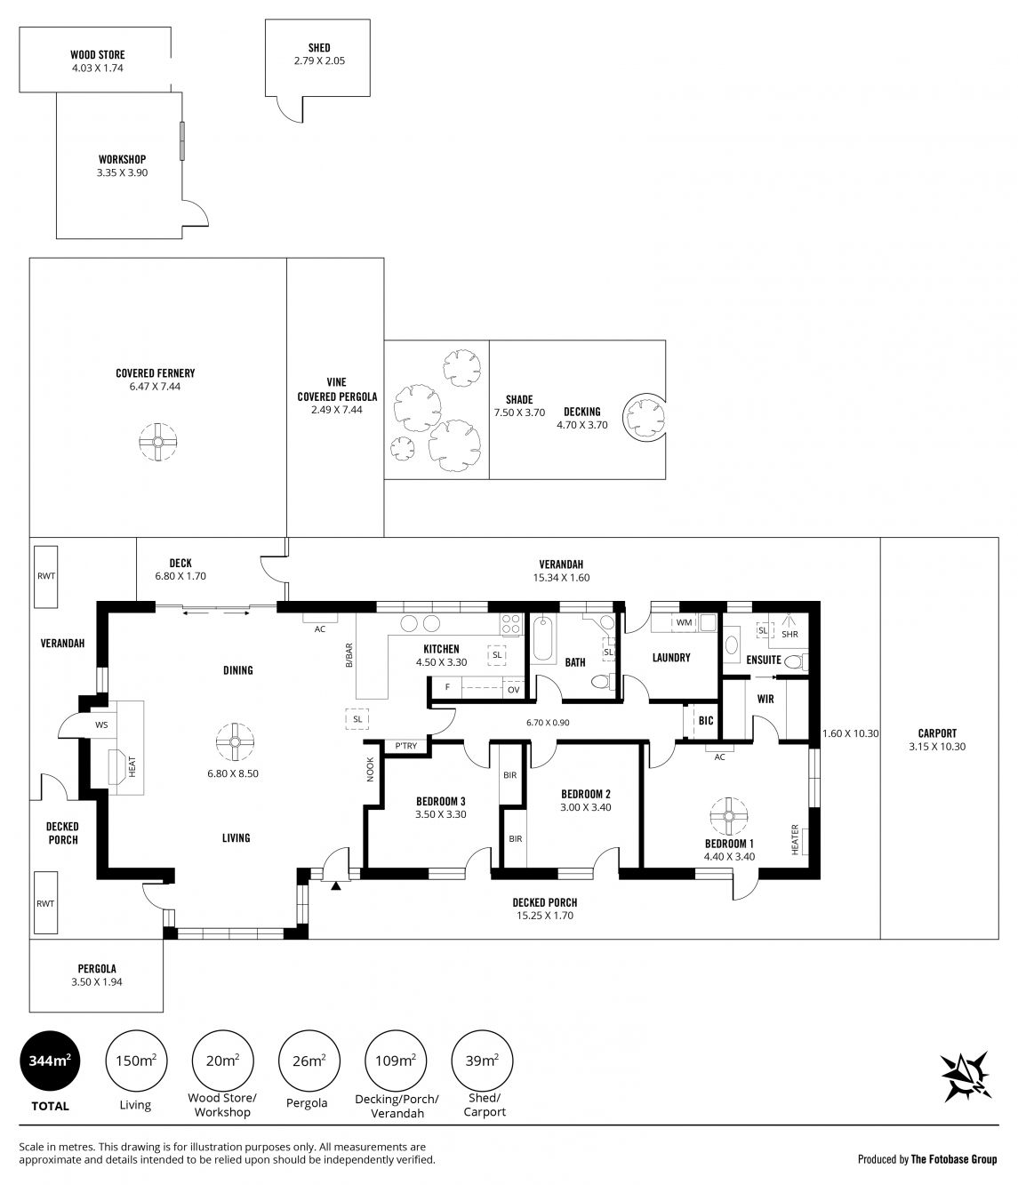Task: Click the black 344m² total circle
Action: click(50, 1061)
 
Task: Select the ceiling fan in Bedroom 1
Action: click(728, 816)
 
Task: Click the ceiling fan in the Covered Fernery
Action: click(157, 442)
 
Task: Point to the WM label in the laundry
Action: click(684, 622)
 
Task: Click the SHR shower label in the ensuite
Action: click(790, 634)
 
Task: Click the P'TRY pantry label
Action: click(406, 746)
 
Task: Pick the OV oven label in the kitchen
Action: click(513, 690)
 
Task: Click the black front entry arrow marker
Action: click(336, 885)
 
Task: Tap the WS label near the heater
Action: click(101, 725)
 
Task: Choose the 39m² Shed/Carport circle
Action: click(483, 1061)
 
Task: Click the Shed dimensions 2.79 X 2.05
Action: click(319, 60)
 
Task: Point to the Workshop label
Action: click(122, 159)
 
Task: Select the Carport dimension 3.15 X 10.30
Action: click(937, 747)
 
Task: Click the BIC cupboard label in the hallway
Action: click(705, 721)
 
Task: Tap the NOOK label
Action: click(370, 769)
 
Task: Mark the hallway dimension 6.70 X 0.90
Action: click(548, 723)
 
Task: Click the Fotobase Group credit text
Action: click(954, 1159)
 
